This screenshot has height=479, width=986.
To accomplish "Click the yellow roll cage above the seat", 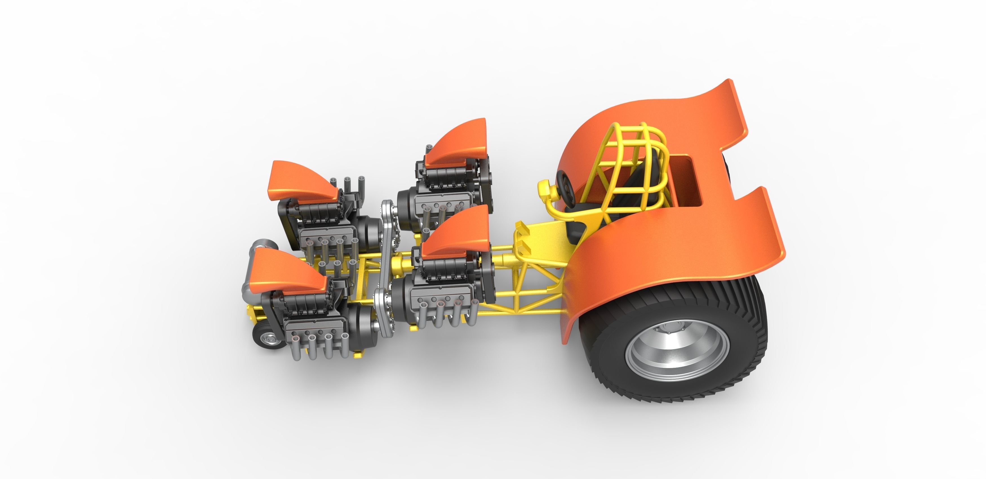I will [628, 153].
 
